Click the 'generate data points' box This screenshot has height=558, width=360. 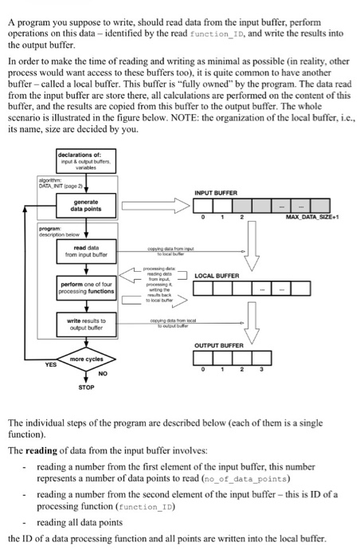tap(90, 205)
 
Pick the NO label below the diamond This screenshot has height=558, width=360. tap(100, 371)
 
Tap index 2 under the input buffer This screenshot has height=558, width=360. tap(240, 218)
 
